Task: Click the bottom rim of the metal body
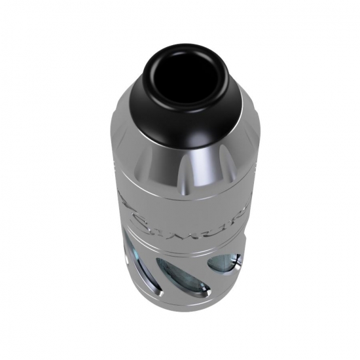point(177,308)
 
